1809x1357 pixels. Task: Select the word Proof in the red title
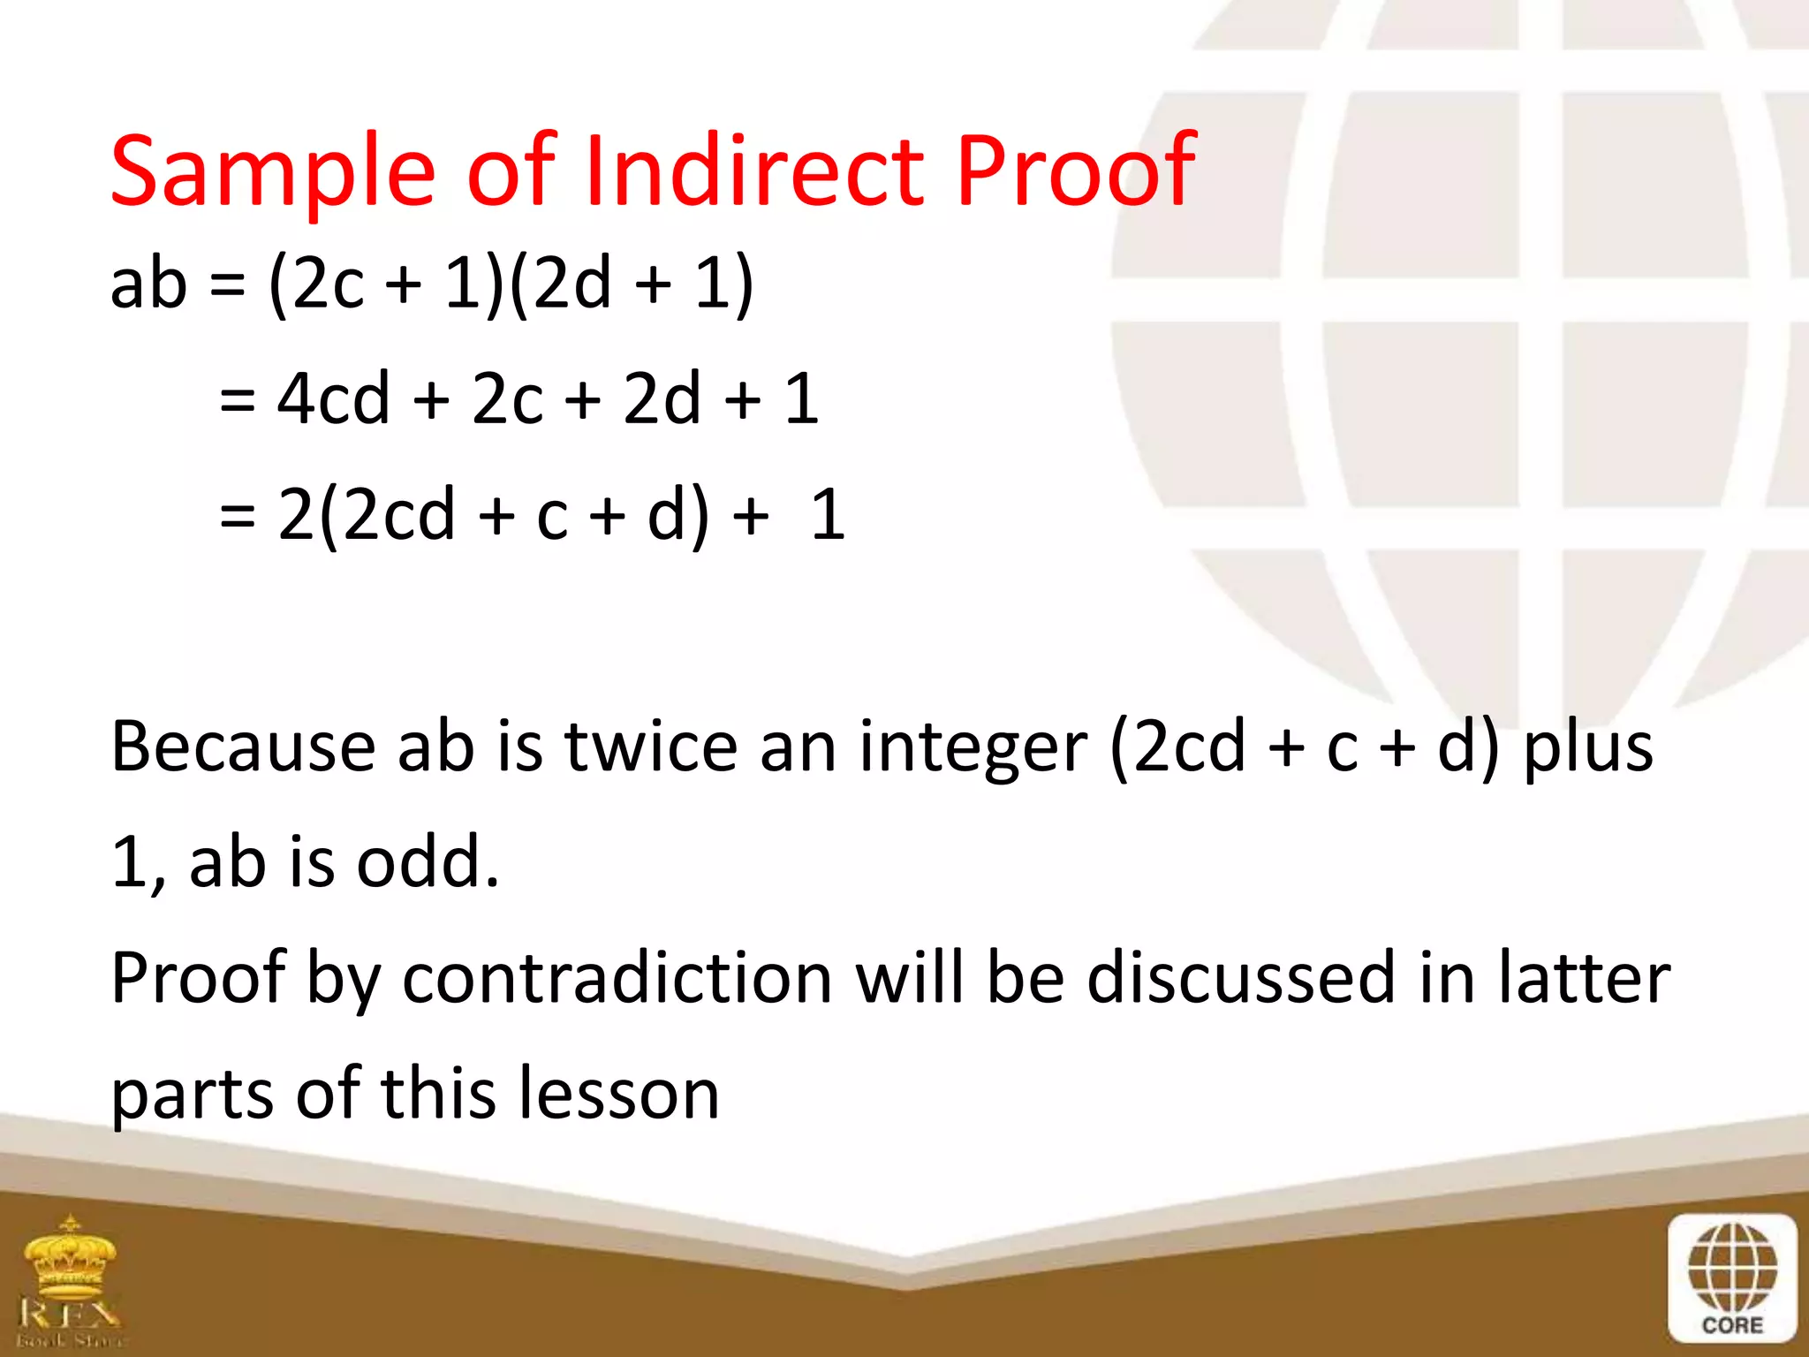(1076, 170)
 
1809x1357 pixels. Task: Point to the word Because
(242, 747)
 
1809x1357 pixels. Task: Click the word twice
(651, 747)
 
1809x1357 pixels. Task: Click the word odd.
(428, 862)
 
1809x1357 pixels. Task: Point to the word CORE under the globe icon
(1732, 1325)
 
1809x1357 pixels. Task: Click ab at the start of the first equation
(148, 284)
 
